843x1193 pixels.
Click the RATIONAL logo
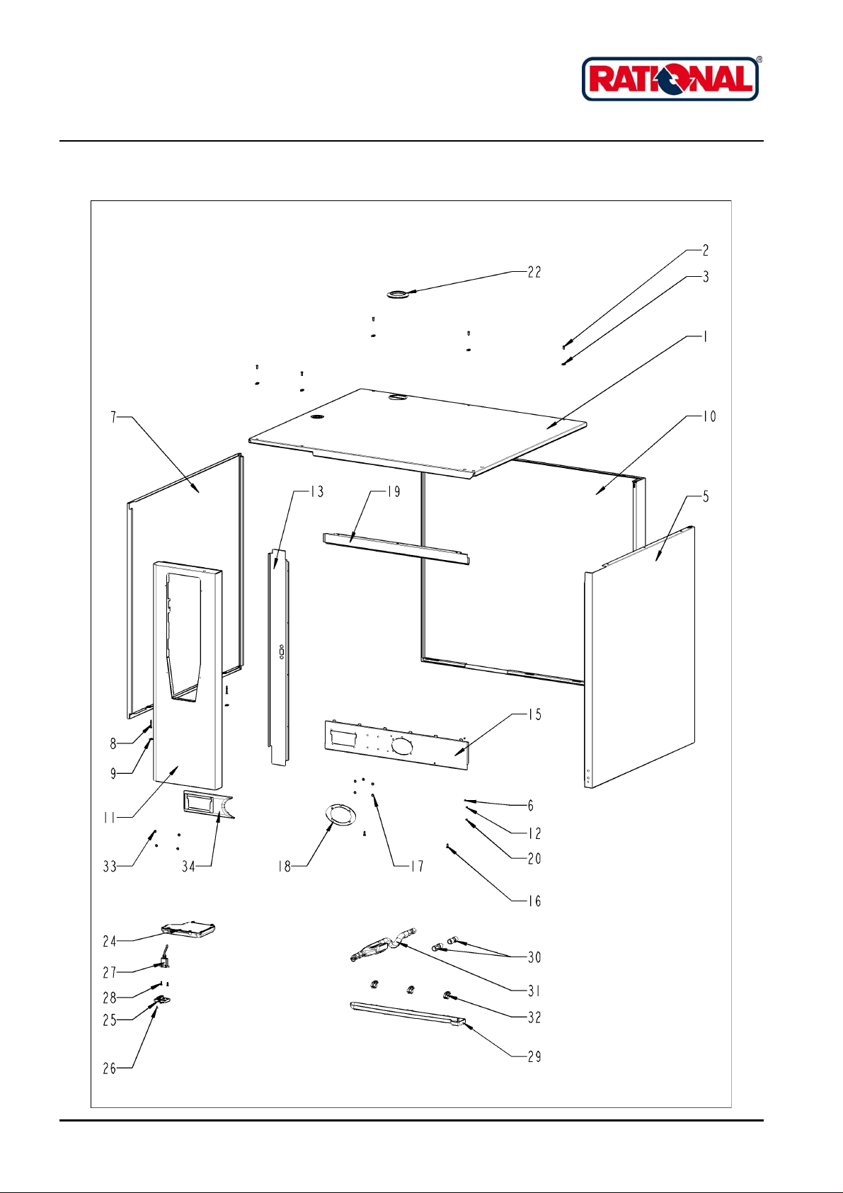(x=670, y=79)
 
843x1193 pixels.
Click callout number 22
(x=534, y=273)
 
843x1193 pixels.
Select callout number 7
(x=113, y=417)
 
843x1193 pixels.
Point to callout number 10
(x=709, y=416)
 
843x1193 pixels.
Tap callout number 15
(x=534, y=714)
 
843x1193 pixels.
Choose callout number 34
(x=188, y=867)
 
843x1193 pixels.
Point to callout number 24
(x=109, y=941)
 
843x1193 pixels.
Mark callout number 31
(x=534, y=991)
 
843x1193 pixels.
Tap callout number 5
(x=706, y=497)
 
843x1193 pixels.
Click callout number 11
(x=109, y=818)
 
